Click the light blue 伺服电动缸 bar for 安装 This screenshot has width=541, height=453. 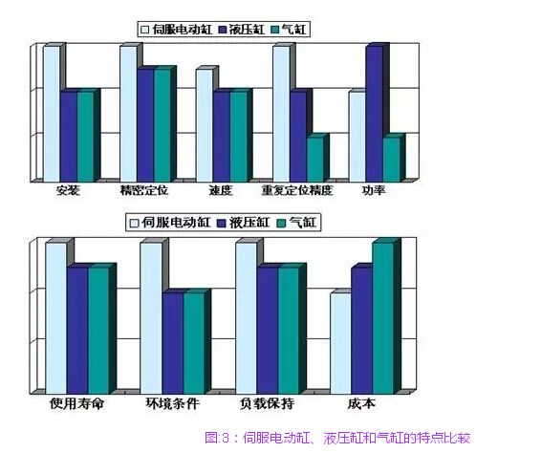point(52,114)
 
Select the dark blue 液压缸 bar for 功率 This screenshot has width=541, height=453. point(375,114)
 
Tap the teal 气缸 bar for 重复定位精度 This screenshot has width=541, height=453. point(315,159)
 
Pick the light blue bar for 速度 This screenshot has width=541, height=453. point(205,125)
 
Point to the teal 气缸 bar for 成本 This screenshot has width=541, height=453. point(383,318)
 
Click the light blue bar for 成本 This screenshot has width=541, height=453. point(341,343)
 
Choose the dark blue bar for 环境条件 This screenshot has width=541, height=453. point(172,343)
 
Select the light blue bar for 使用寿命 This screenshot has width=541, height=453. point(56,318)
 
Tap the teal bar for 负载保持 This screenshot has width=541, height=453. point(289,331)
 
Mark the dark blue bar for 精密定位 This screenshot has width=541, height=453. point(145,125)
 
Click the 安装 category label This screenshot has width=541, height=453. point(68,190)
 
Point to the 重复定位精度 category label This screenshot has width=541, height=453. point(297,190)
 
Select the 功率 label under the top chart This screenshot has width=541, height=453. point(374,190)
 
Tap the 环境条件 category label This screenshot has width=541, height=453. point(172,403)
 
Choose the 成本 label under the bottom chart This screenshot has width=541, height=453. point(361,403)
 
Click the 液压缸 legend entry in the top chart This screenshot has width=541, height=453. point(242,30)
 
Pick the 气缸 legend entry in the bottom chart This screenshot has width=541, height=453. point(297,223)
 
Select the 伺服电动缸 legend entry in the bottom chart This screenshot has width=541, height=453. point(170,223)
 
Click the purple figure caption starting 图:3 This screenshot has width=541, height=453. point(337,438)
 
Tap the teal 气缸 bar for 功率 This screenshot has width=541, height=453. point(392,159)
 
